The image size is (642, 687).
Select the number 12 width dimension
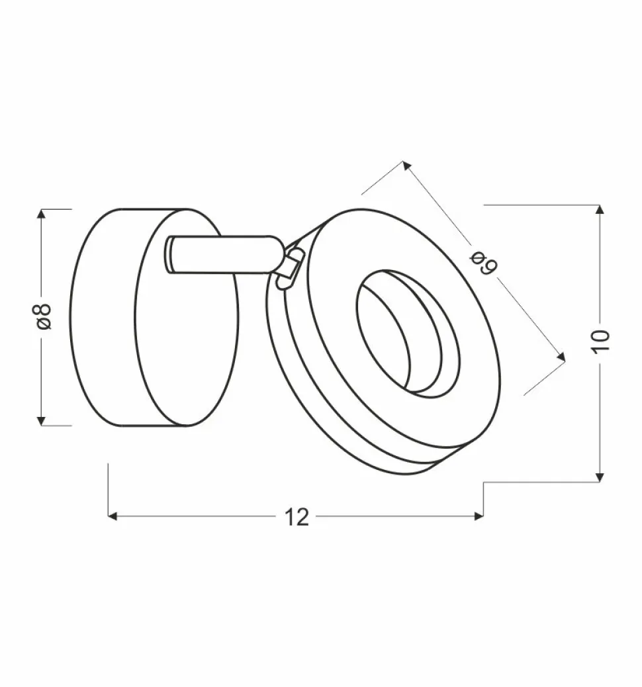tap(298, 517)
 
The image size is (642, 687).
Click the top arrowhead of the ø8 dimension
tap(42, 214)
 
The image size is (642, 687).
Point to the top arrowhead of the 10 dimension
tap(600, 210)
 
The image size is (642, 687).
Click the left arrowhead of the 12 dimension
tap(113, 516)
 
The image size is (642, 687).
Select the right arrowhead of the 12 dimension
tap(479, 516)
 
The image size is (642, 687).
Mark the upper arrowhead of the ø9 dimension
tap(406, 165)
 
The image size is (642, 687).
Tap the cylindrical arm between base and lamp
tap(225, 253)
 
